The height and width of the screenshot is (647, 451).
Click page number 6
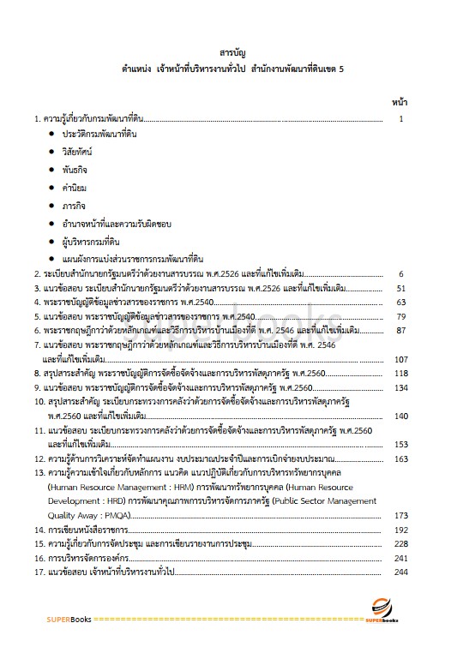coord(401,274)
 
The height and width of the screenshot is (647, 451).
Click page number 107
coord(399,359)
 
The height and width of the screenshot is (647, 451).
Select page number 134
coord(399,387)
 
